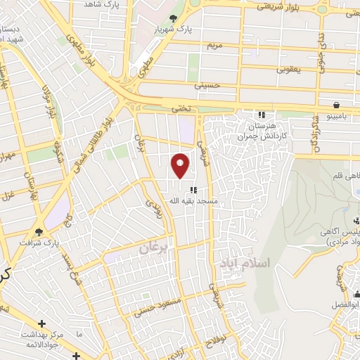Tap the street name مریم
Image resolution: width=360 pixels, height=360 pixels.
click(214, 46)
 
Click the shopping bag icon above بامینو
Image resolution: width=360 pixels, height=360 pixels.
click(337, 105)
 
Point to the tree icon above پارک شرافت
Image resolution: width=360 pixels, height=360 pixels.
click(39, 231)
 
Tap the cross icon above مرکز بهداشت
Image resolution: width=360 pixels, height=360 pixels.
click(42, 323)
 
